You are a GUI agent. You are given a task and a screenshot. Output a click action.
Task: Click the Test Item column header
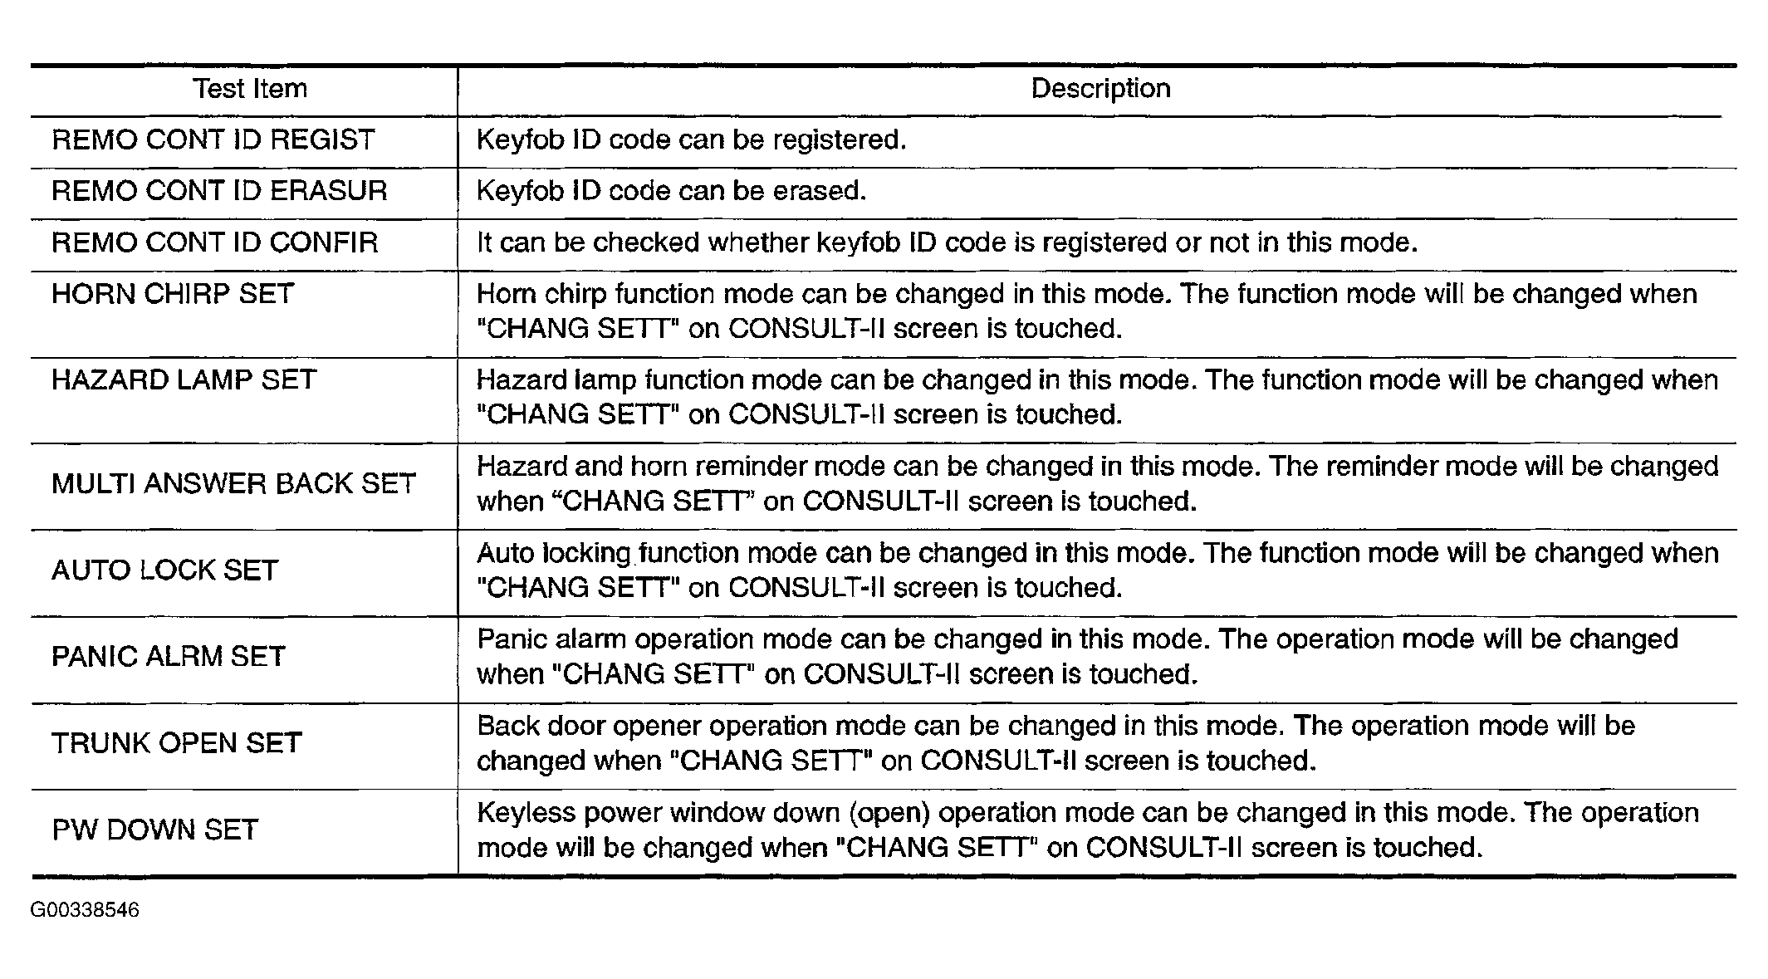(x=250, y=89)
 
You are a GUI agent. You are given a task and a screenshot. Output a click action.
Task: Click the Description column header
(x=1100, y=89)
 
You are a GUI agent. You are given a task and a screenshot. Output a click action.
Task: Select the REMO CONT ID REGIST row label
(x=213, y=140)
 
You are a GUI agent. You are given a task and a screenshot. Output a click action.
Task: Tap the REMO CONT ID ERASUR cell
(x=219, y=192)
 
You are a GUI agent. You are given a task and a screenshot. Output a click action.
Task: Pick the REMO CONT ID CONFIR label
(x=215, y=243)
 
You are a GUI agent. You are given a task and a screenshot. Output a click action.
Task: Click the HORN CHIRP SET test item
(x=173, y=295)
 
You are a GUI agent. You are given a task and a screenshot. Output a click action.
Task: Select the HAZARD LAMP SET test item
(x=184, y=380)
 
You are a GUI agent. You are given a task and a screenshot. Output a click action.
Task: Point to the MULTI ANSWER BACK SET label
(x=233, y=484)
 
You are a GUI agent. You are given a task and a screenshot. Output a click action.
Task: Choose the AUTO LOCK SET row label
(x=164, y=570)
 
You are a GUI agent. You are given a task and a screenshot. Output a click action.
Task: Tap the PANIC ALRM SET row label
(x=169, y=657)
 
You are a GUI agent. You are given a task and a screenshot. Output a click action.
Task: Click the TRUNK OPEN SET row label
(x=176, y=743)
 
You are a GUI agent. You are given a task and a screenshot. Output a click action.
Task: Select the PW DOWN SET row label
(x=155, y=830)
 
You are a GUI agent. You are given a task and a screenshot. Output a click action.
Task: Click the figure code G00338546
(x=85, y=910)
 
